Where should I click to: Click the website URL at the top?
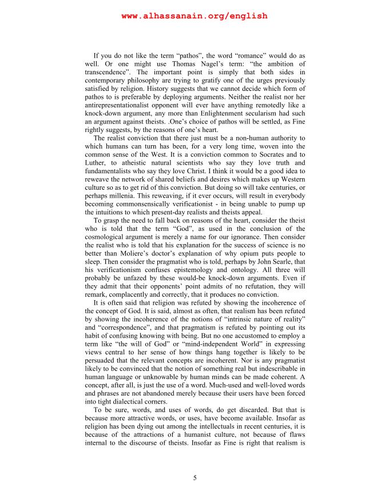click(194, 16)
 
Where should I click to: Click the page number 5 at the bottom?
click(194, 478)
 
